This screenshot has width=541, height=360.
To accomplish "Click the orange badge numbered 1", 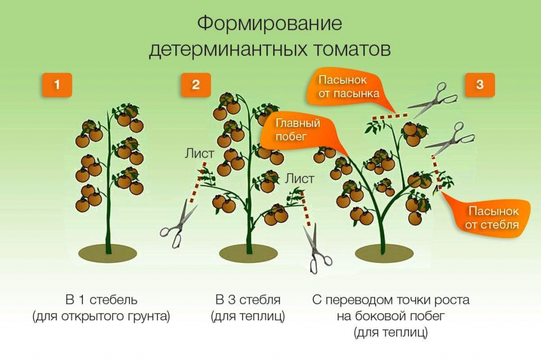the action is [x=57, y=85].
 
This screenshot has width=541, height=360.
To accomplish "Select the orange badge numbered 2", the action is [x=196, y=85].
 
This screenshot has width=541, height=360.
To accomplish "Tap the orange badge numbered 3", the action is [x=480, y=85].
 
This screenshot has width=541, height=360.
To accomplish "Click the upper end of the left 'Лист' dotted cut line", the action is [x=205, y=163].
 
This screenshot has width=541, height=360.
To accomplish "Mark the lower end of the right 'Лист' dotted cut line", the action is [x=309, y=225].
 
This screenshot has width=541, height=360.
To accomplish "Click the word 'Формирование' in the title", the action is [x=270, y=24].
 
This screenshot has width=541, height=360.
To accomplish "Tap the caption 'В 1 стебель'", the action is [x=101, y=300].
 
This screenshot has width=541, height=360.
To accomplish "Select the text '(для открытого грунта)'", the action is [x=101, y=316].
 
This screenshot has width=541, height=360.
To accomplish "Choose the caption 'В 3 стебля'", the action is [x=248, y=300].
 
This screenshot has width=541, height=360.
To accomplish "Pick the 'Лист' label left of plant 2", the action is [x=199, y=153].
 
